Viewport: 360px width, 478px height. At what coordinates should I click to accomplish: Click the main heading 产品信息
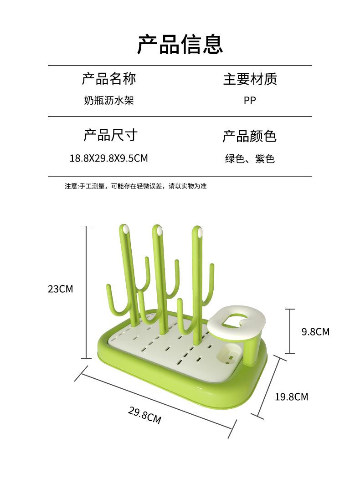[180, 44]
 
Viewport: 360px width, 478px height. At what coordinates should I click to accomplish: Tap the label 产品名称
[109, 79]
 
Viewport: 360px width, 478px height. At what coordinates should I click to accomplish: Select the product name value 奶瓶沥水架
[109, 100]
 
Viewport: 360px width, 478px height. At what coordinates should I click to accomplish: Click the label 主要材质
[250, 79]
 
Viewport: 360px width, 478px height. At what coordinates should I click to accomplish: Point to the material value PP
[250, 100]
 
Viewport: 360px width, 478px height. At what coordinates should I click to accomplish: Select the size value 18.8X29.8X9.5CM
[108, 158]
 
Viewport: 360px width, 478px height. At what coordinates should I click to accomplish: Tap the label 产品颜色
[249, 136]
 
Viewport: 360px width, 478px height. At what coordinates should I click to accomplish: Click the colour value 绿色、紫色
[249, 159]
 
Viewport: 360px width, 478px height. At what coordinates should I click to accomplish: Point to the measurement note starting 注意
[135, 186]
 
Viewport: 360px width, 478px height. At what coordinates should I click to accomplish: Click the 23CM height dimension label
[60, 289]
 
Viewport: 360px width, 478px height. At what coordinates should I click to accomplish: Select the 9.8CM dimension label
[315, 331]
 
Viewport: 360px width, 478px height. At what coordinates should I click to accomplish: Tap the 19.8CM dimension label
[291, 397]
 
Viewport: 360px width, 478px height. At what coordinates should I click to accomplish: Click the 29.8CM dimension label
[144, 415]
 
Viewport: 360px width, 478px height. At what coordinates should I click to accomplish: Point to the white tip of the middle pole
[159, 231]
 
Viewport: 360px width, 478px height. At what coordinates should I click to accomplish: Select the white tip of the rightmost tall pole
[199, 233]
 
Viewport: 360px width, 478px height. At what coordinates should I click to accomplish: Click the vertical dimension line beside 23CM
[87, 291]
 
